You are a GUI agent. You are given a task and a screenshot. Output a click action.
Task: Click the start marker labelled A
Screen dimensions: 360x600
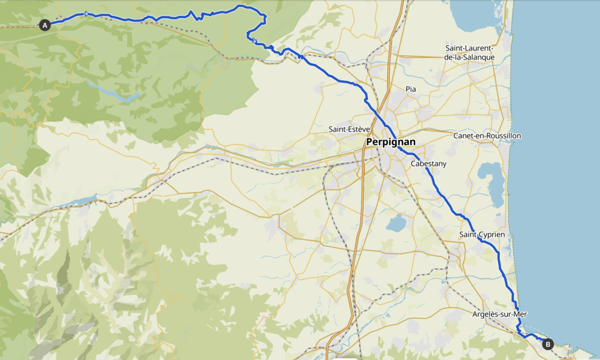tap(44, 25)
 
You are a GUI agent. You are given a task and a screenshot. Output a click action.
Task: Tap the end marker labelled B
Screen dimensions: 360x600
tap(548, 344)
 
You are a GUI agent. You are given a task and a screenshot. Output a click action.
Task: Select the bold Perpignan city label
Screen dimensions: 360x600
tap(390, 142)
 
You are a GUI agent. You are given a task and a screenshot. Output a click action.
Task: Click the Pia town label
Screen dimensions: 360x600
tap(411, 89)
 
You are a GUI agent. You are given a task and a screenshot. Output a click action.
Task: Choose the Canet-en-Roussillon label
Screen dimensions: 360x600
tap(487, 135)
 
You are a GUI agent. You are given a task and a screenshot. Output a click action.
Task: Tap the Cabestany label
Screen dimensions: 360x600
tap(428, 164)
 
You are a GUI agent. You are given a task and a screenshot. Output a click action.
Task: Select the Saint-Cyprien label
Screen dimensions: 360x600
tap(482, 235)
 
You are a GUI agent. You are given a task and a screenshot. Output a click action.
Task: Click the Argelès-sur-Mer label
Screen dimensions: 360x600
tap(499, 314)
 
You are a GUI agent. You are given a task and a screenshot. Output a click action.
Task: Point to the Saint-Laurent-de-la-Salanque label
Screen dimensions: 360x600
tap(470, 52)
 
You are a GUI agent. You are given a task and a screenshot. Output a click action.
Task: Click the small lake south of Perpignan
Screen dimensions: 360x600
tap(396, 223)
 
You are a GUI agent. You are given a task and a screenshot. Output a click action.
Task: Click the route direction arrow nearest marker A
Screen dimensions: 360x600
tap(86, 13)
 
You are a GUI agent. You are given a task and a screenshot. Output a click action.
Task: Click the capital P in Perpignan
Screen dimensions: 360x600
tap(370, 142)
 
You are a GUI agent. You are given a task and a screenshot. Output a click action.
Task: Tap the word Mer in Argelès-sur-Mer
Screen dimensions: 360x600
tap(520, 314)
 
